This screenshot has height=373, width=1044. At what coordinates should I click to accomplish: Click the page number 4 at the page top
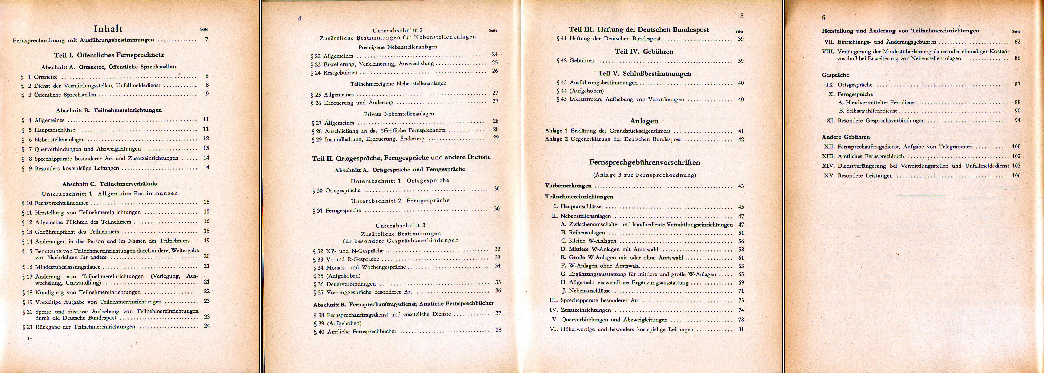(x=299, y=19)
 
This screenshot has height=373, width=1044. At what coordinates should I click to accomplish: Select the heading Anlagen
(x=644, y=121)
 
